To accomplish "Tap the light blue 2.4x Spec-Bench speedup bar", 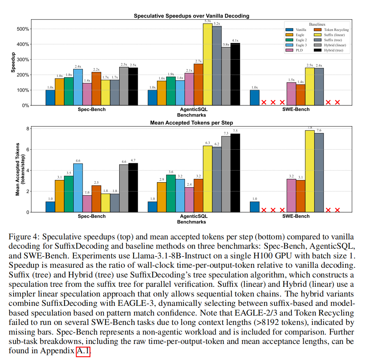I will pos(78,87).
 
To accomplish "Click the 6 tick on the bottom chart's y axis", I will pos(27,150).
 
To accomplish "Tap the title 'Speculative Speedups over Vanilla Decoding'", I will pos(192,16).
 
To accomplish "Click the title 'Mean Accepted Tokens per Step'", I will pos(192,122).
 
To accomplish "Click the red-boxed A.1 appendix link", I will pos(83,351).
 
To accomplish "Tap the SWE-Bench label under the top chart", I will pos(296,110).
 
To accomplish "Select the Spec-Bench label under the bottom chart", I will pos(92,216).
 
